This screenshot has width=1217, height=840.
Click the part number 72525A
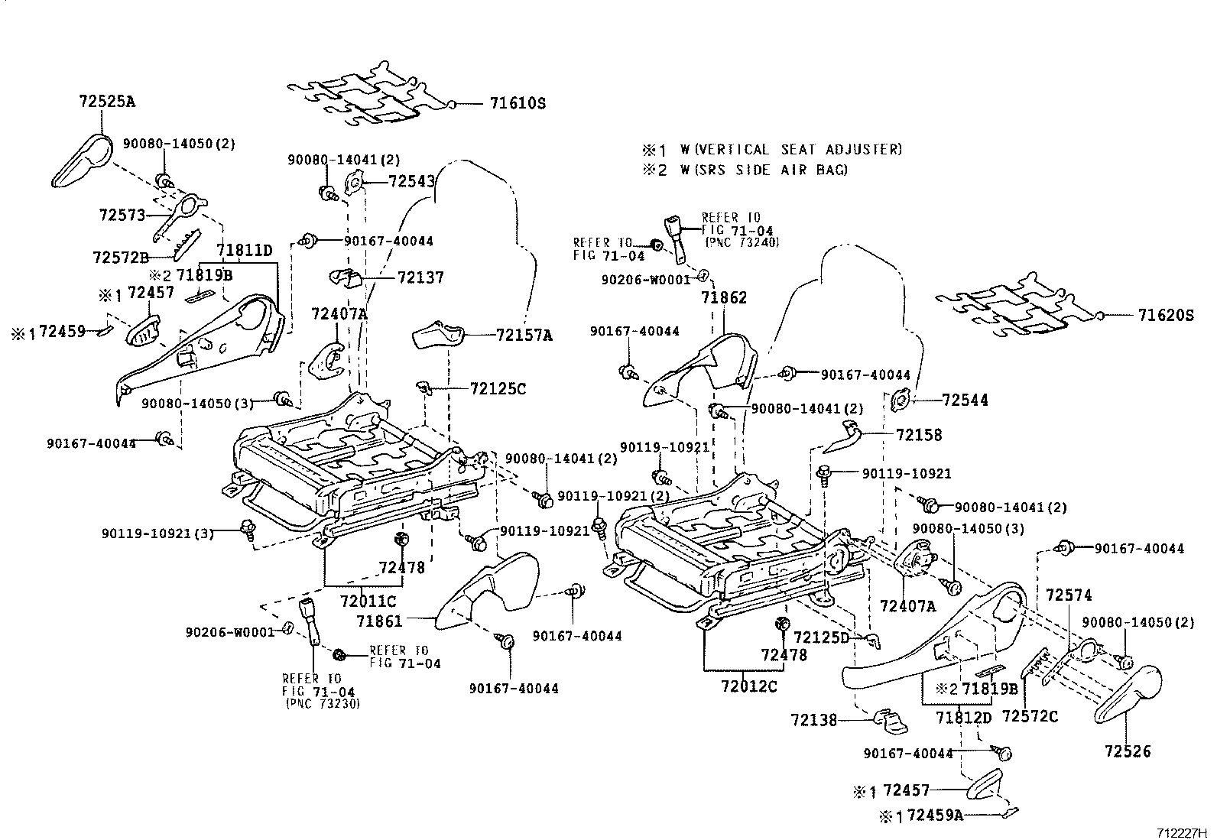tap(106, 100)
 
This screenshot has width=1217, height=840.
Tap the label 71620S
tap(1165, 314)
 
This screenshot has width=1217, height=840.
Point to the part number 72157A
tap(524, 335)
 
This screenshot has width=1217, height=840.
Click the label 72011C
tap(368, 601)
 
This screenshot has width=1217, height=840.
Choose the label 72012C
tap(748, 686)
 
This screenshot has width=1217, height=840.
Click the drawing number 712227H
tap(1183, 832)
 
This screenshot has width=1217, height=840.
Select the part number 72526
tap(1127, 751)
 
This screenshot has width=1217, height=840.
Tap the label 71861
tap(379, 621)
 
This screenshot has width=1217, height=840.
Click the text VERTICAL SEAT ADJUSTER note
tap(790, 150)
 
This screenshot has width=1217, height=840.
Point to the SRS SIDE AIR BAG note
tap(764, 170)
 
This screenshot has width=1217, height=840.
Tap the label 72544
tap(965, 400)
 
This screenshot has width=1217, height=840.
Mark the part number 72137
tap(420, 277)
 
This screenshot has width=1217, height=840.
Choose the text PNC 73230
tap(322, 702)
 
